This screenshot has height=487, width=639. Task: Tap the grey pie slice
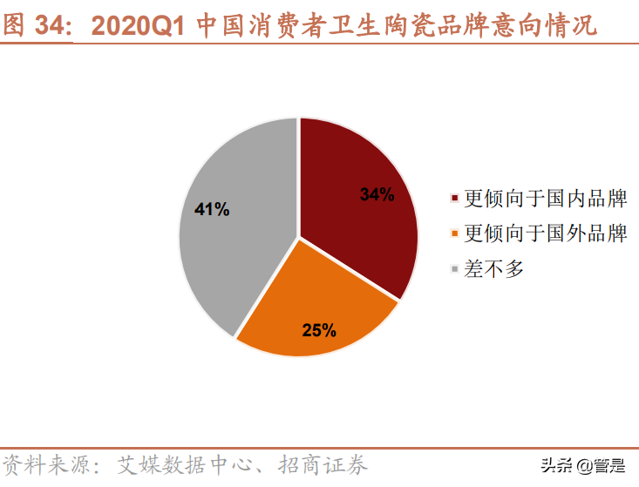click(235, 227)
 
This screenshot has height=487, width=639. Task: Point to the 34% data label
click(377, 194)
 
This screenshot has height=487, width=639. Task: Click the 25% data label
click(318, 330)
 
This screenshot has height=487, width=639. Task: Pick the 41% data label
click(212, 209)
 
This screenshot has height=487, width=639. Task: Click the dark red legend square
click(455, 199)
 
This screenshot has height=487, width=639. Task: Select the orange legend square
click(455, 233)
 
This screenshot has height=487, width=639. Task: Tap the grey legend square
click(455, 269)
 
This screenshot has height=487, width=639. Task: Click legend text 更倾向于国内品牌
click(546, 199)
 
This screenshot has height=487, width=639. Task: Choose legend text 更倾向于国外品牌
click(546, 233)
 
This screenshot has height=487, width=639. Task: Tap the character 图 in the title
click(14, 25)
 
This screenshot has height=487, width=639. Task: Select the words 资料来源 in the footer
click(40, 464)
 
